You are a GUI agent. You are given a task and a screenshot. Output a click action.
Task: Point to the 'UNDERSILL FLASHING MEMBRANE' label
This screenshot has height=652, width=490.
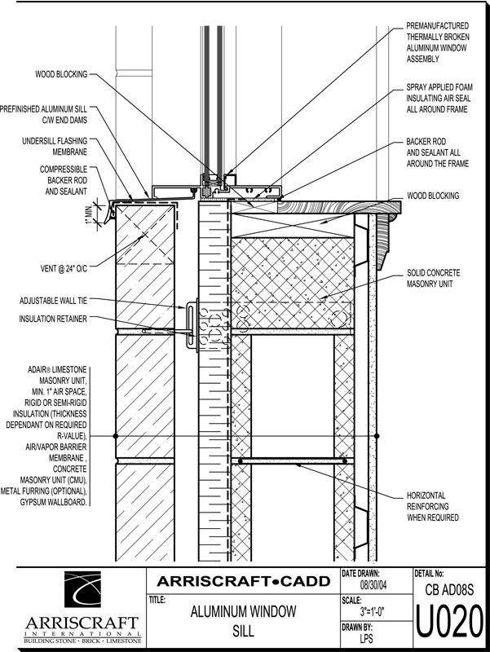click(55, 146)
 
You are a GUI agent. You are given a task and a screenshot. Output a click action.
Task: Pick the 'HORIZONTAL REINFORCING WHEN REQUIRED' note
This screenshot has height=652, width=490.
click(438, 506)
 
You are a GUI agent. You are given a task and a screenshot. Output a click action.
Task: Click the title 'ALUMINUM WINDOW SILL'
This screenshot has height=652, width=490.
click(242, 619)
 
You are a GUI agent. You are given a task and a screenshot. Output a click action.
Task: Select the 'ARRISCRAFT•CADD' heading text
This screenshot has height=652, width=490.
click(242, 581)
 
